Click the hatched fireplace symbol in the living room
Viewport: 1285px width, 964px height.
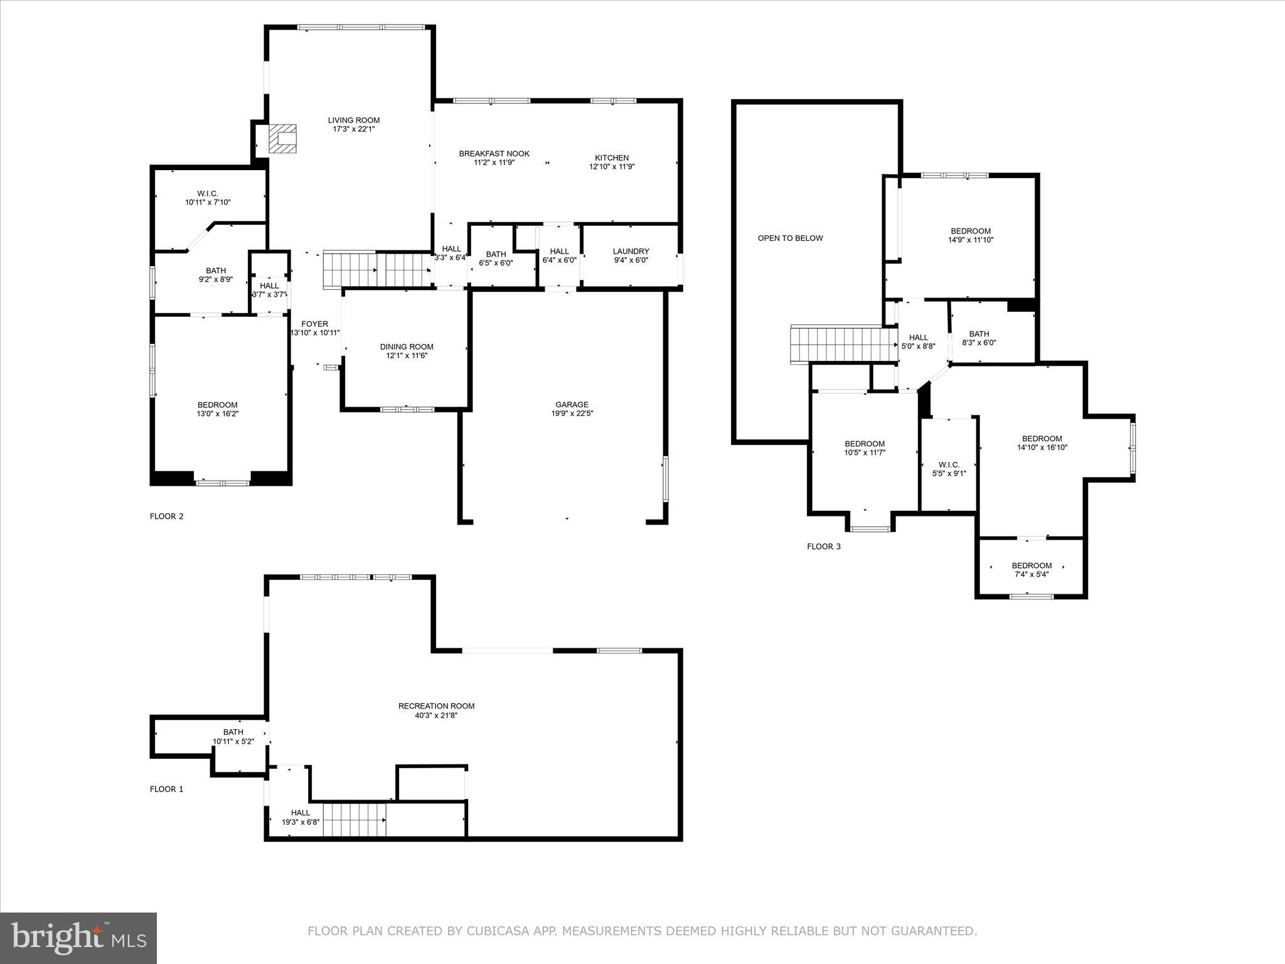click(x=282, y=139)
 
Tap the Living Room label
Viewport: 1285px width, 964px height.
click(x=354, y=120)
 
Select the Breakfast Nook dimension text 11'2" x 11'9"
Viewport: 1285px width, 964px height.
click(x=494, y=163)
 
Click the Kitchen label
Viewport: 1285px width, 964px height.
click(x=612, y=158)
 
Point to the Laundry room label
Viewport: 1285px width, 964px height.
click(x=631, y=252)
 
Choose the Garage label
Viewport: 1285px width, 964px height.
click(x=572, y=405)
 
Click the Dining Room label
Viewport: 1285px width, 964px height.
click(x=407, y=347)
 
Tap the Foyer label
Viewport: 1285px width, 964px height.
click(x=314, y=324)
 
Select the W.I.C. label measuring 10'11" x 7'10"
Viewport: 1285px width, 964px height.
click(x=208, y=194)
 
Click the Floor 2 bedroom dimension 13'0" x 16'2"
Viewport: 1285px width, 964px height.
click(x=217, y=414)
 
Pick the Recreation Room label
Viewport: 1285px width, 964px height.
click(x=436, y=706)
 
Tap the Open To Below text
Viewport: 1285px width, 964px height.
click(x=790, y=238)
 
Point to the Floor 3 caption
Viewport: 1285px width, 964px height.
click(x=823, y=547)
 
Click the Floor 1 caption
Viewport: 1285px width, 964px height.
click(x=166, y=790)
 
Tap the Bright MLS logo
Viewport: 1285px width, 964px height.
click(x=78, y=938)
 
